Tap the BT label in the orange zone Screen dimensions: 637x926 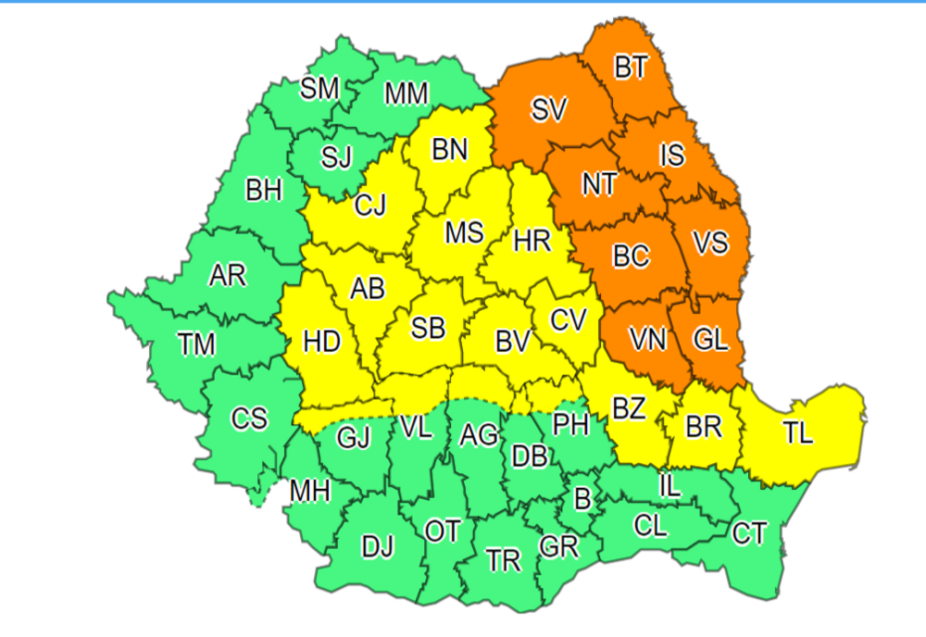pos(632,69)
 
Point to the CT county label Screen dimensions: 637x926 pos(748,533)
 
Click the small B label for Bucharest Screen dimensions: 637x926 pos(582,500)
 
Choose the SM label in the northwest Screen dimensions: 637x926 pos(320,89)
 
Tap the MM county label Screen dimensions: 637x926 pos(406,94)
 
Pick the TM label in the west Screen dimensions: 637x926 pos(197,345)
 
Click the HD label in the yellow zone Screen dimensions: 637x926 pos(322,343)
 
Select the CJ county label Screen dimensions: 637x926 pos(370,206)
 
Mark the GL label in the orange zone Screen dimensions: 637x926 pos(710,340)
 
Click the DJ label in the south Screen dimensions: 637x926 pos(377,548)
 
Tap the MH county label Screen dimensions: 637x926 pos(309,491)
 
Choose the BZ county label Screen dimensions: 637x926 pos(630,408)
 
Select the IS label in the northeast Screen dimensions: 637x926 pos(671,155)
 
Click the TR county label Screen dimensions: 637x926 pos(504,561)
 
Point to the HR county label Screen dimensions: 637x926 pos(532,243)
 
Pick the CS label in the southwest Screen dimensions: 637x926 pos(249,419)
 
